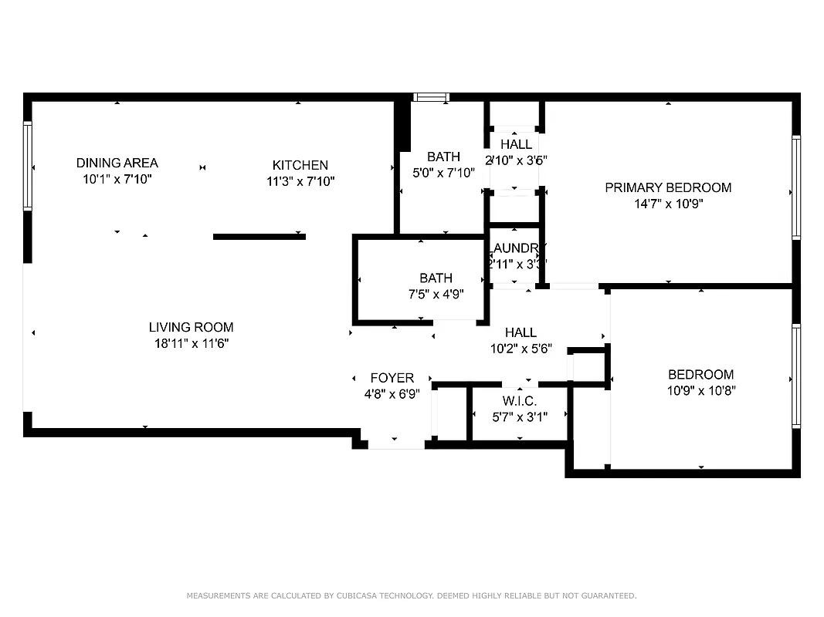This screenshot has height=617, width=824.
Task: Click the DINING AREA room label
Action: [117, 163]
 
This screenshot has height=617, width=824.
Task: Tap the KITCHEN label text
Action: [300, 165]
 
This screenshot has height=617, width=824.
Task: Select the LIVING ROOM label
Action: [191, 327]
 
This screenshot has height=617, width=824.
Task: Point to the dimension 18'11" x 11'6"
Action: [191, 344]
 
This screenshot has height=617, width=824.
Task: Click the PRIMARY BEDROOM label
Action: [667, 187]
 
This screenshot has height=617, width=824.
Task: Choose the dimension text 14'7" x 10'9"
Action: [667, 204]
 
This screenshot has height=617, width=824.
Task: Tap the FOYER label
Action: [392, 378]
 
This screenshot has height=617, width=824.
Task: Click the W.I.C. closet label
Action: [519, 401]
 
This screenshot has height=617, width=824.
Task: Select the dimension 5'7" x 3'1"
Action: [519, 417]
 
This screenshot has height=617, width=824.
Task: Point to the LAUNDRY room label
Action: [516, 248]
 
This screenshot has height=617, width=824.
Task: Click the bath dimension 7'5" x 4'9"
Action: [436, 294]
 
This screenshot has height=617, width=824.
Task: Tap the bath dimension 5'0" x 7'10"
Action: [443, 173]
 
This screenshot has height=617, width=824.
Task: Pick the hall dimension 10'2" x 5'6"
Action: [521, 349]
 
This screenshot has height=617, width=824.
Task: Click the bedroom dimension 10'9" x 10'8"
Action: [700, 391]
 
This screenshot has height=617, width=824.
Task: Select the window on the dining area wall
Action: [28, 166]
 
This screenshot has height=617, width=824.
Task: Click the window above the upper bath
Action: [431, 97]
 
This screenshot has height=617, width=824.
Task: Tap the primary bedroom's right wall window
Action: [795, 187]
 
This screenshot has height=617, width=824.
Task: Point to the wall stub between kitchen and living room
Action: [259, 237]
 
